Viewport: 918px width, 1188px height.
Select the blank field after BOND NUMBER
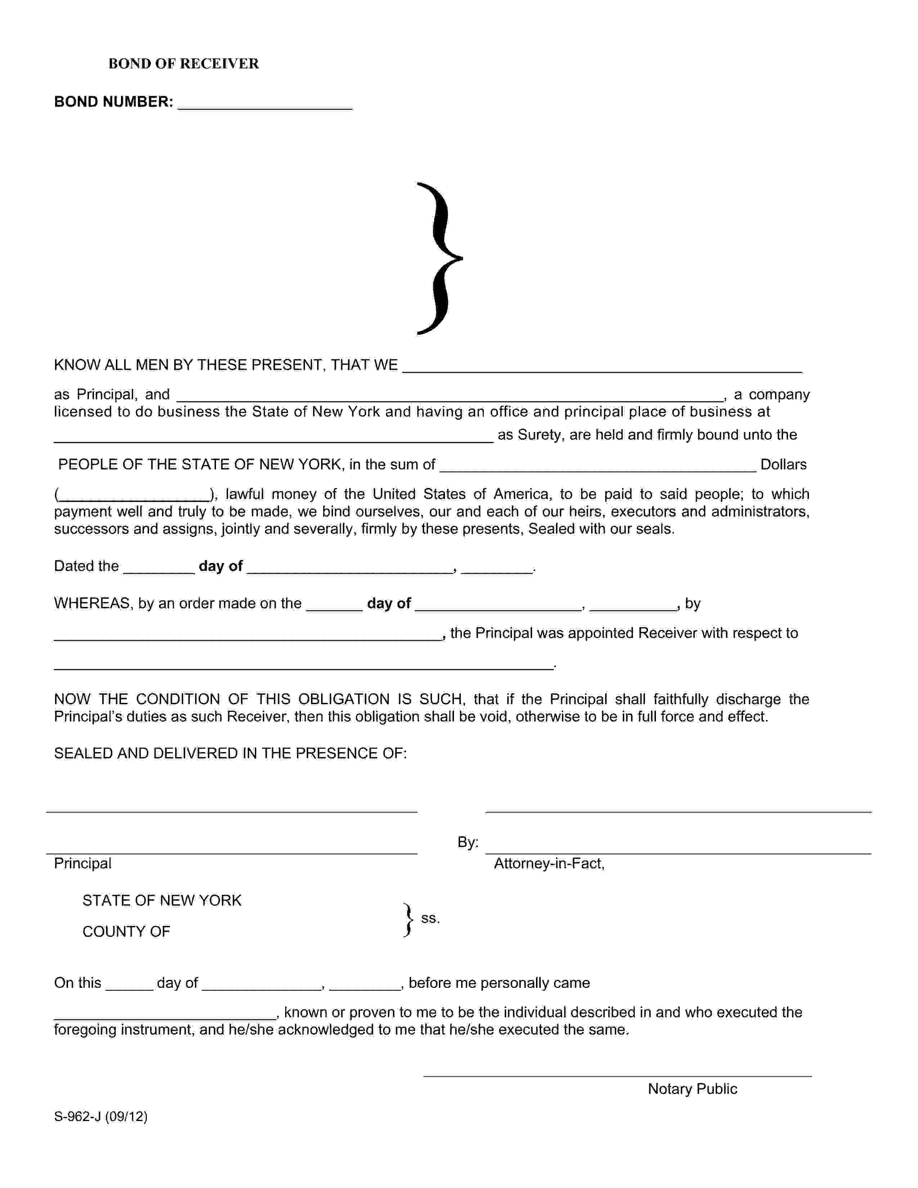coord(265,103)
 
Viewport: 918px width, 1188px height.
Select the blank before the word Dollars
coord(597,465)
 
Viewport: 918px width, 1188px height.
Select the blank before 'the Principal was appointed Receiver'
coord(248,635)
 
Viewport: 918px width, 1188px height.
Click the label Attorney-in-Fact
coord(549,864)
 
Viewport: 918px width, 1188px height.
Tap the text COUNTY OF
coord(126,932)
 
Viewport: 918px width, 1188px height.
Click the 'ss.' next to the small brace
coord(430,918)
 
